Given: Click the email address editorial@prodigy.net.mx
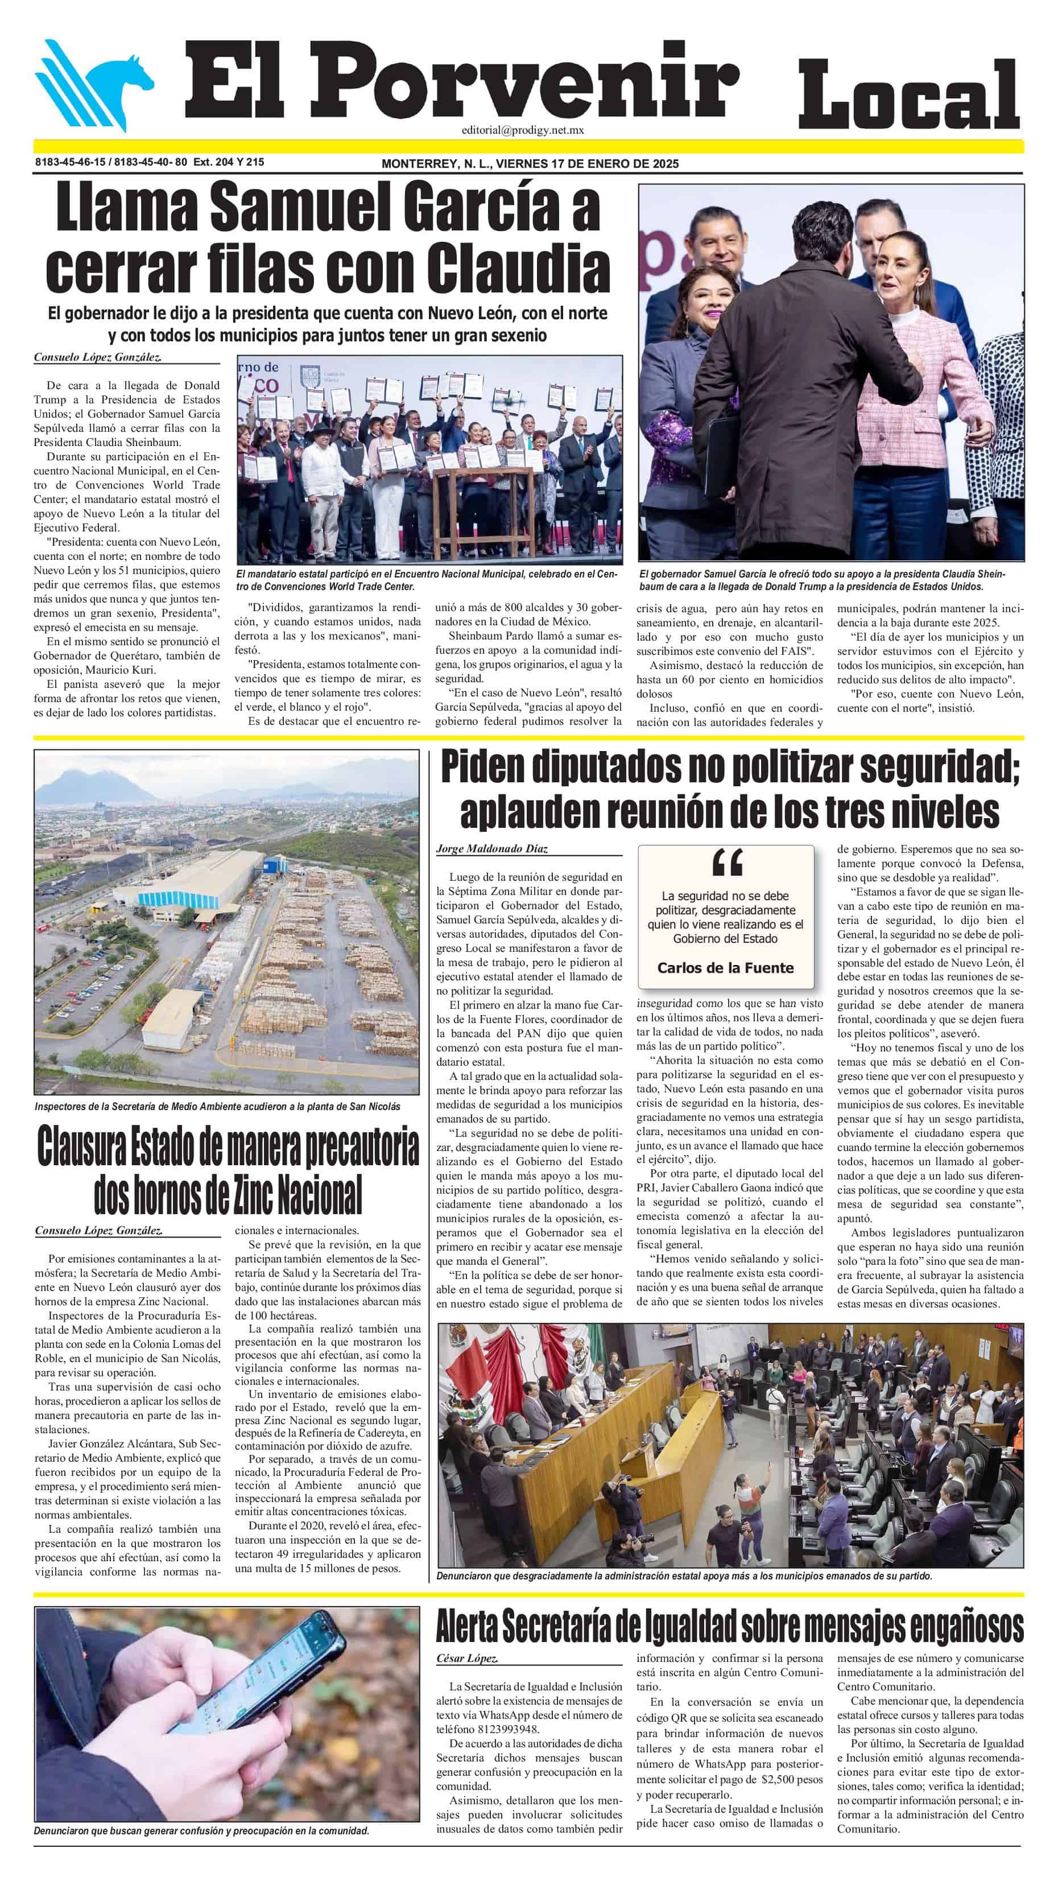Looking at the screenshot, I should [522, 130].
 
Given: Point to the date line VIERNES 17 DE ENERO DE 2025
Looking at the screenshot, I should [586, 163].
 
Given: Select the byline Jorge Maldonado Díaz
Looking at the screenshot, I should [491, 848].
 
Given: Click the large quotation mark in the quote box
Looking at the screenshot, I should [726, 864].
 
